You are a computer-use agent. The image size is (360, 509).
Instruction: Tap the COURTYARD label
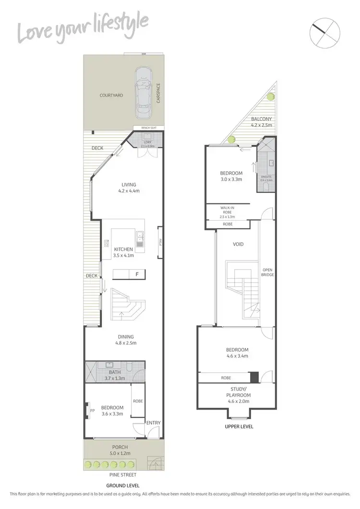[111, 95]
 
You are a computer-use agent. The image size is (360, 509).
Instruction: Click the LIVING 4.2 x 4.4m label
[129, 188]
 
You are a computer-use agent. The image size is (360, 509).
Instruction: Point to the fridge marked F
[137, 274]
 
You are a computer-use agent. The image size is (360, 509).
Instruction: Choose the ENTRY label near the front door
[154, 423]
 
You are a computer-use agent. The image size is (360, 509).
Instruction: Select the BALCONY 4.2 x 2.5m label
[262, 122]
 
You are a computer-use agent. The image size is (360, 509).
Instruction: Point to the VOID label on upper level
[238, 244]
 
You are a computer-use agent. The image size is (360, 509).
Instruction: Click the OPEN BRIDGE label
[267, 272]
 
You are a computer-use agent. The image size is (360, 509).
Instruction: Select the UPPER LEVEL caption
[239, 426]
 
